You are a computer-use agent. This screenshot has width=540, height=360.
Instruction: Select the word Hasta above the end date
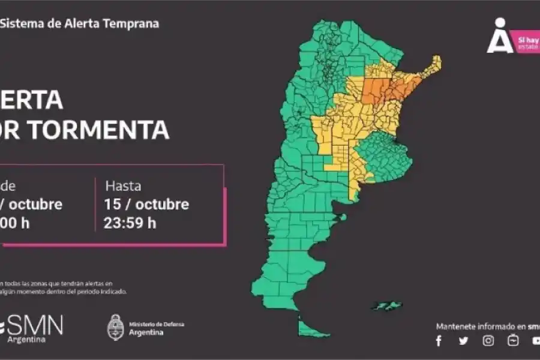(x=124, y=185)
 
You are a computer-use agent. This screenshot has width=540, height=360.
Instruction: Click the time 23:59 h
(x=130, y=223)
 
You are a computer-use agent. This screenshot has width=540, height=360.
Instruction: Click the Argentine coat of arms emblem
(x=115, y=328)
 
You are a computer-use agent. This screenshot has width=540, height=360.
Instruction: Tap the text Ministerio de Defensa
(x=157, y=324)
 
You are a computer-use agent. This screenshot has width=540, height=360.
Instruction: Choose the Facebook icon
(x=439, y=341)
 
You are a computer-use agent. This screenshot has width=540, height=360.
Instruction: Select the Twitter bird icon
(x=463, y=341)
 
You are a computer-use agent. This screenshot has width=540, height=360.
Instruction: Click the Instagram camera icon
(x=488, y=341)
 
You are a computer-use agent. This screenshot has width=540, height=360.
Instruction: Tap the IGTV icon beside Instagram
(x=513, y=341)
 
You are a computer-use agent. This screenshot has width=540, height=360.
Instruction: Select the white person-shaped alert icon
(x=499, y=37)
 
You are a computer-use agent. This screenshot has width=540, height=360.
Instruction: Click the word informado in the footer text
(x=492, y=326)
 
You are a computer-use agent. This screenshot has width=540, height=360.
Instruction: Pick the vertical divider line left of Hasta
(x=95, y=204)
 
